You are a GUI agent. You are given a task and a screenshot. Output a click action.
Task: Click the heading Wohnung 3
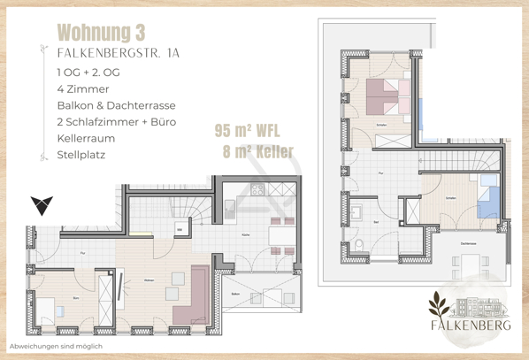(x=101, y=33)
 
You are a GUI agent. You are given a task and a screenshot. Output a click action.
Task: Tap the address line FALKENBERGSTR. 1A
(x=118, y=53)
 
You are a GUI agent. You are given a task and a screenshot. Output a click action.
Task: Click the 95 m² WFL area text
(x=248, y=131)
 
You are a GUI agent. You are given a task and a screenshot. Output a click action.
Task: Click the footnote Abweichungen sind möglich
(x=55, y=346)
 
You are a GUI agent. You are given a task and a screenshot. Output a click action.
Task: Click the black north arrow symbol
(x=41, y=205)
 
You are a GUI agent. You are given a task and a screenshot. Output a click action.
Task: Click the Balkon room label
(x=234, y=294)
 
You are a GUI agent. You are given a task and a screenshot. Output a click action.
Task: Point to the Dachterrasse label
(x=469, y=242)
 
